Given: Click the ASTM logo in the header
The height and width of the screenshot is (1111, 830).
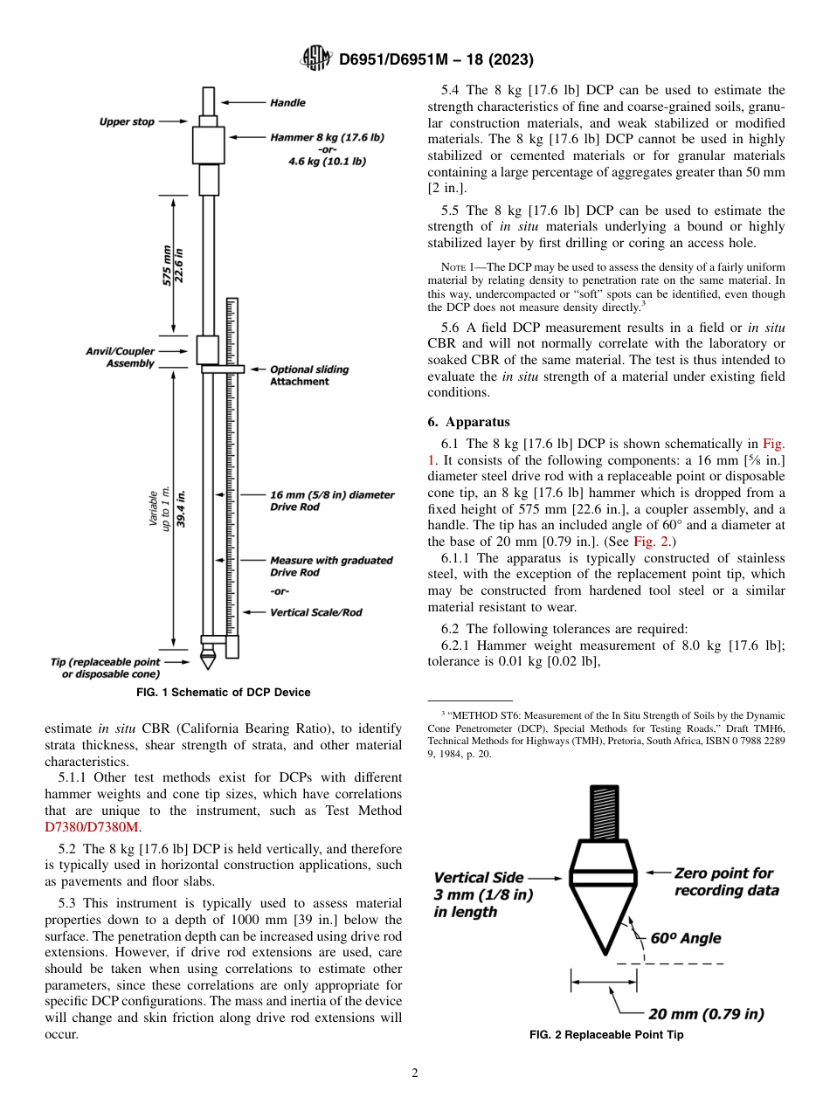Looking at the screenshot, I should click(316, 59).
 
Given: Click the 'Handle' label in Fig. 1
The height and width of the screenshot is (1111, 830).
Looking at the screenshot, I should click(287, 103).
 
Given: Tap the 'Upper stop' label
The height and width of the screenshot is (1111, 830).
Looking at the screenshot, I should click(127, 122).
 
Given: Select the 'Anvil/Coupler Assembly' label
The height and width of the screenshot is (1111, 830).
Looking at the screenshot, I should click(120, 357).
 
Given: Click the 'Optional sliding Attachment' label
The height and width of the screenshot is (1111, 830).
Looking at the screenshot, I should click(308, 376).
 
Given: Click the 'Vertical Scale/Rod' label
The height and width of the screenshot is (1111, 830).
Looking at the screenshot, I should click(315, 612).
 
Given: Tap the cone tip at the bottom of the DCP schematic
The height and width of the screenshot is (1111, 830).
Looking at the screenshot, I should click(208, 659).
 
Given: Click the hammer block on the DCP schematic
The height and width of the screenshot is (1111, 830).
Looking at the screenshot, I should click(208, 145).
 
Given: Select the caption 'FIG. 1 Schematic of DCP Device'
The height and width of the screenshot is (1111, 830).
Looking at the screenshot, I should click(224, 693).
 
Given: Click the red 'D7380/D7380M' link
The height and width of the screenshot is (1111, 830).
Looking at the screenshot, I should click(92, 827).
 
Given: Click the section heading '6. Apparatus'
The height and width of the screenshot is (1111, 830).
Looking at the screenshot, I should click(468, 422).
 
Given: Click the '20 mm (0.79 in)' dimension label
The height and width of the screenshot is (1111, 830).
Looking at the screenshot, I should click(705, 1014).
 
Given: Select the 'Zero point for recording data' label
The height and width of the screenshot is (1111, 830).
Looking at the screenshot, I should click(724, 881).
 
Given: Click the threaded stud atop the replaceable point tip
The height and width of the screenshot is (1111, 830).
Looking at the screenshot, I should click(603, 812).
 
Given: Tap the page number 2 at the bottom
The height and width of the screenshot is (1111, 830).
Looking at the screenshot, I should click(415, 1073).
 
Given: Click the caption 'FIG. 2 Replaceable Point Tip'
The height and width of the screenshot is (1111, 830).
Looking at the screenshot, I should click(606, 1035).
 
